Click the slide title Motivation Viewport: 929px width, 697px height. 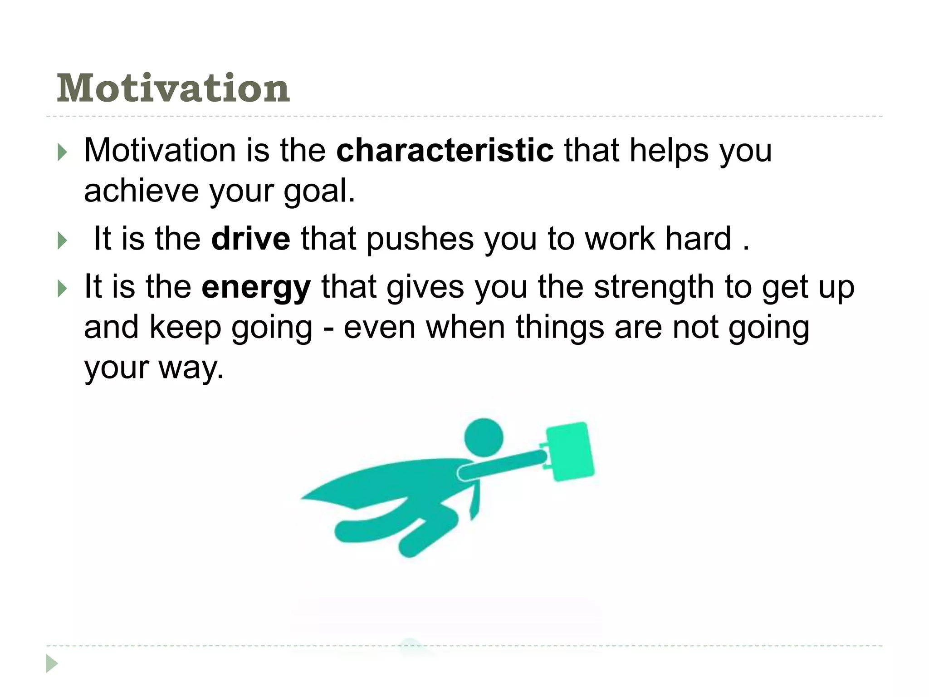click(x=173, y=88)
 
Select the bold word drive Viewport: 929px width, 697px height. click(x=250, y=239)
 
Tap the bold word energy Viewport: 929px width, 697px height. click(x=256, y=288)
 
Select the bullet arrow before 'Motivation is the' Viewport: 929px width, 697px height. click(x=62, y=153)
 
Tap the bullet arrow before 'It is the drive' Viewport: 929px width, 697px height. click(x=62, y=241)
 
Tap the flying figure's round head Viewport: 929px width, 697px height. click(x=484, y=437)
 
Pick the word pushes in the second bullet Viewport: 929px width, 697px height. click(x=420, y=239)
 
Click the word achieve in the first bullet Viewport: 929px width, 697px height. click(x=141, y=191)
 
